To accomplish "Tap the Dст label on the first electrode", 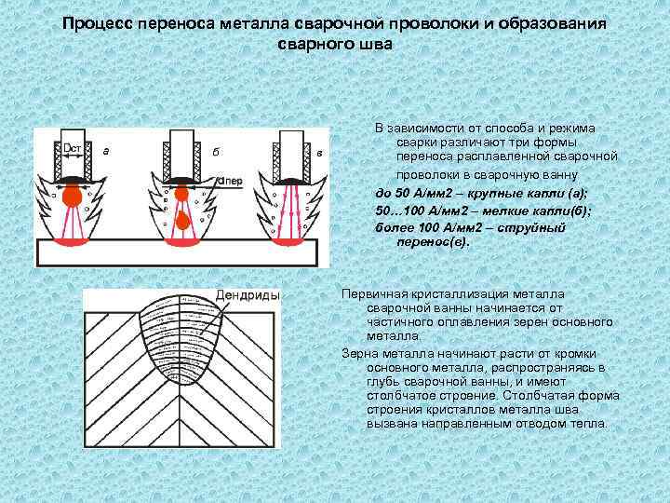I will pyautogui.click(x=74, y=148).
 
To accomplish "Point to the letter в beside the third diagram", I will pyautogui.click(x=319, y=151).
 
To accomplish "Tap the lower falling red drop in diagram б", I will pyautogui.click(x=184, y=222).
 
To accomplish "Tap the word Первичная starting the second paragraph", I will pyautogui.click(x=377, y=294).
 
